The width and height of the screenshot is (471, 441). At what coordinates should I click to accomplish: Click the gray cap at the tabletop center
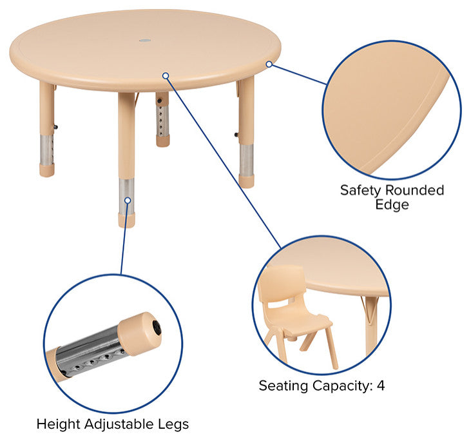click(x=145, y=40)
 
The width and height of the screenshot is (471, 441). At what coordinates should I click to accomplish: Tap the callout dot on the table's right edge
click(x=269, y=64)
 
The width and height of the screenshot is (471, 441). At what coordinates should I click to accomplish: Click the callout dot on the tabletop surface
click(x=166, y=75)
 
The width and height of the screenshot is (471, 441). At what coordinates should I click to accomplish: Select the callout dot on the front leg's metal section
click(x=128, y=201)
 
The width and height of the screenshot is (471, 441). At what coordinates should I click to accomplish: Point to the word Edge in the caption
click(x=392, y=205)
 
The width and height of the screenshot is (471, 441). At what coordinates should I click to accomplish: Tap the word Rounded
click(x=414, y=190)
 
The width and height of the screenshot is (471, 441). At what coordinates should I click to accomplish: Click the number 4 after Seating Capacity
click(x=381, y=386)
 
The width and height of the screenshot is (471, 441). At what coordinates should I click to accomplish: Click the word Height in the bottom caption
click(x=58, y=424)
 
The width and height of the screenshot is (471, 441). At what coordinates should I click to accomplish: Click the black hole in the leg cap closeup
click(x=157, y=328)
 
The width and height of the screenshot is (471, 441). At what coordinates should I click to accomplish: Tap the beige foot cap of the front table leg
click(x=126, y=220)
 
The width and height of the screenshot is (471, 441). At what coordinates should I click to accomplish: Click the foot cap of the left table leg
click(x=47, y=170)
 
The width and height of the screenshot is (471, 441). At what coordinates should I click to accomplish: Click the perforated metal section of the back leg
click(x=162, y=120)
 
